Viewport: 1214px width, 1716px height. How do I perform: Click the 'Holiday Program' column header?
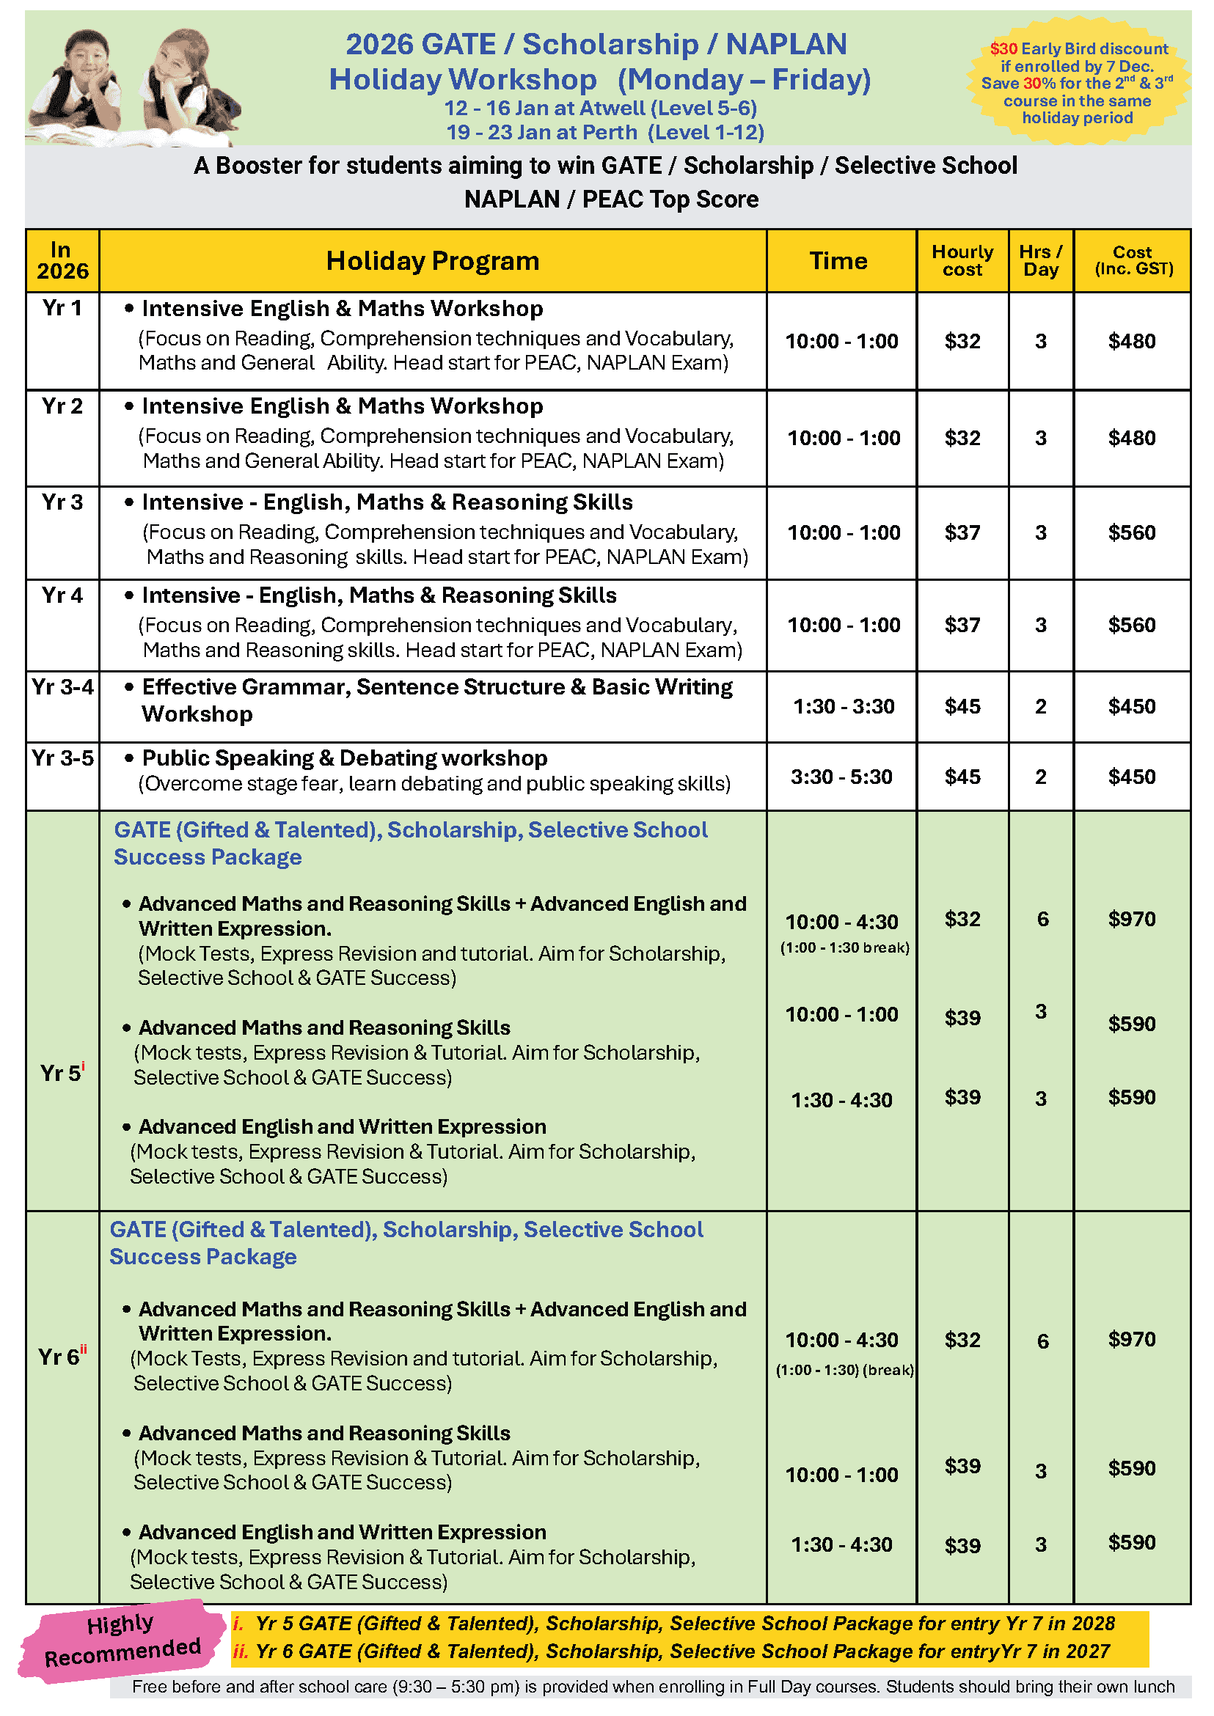pyautogui.click(x=432, y=261)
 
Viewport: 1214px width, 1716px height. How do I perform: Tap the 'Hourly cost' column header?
pyautogui.click(x=962, y=261)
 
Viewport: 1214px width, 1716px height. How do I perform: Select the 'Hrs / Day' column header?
pyautogui.click(x=1041, y=261)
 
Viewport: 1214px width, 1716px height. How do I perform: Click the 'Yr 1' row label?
pyautogui.click(x=62, y=308)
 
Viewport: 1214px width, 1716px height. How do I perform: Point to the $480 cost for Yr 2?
pyautogui.click(x=1132, y=438)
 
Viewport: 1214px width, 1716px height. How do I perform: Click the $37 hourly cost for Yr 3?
pyautogui.click(x=962, y=532)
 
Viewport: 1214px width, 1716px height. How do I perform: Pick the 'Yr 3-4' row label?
pyautogui.click(x=63, y=687)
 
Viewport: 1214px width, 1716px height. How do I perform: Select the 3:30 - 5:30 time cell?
pyautogui.click(x=841, y=777)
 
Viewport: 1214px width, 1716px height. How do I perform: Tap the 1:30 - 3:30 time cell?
pyautogui.click(x=844, y=706)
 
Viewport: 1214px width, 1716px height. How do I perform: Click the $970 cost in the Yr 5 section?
pyautogui.click(x=1132, y=919)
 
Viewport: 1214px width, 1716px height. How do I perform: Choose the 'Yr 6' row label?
pyautogui.click(x=62, y=1357)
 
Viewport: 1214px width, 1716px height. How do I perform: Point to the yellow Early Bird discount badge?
pyautogui.click(x=1078, y=82)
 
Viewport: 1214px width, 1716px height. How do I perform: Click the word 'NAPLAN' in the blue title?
pyautogui.click(x=786, y=45)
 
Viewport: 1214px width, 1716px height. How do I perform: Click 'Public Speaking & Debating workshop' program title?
pyautogui.click(x=345, y=758)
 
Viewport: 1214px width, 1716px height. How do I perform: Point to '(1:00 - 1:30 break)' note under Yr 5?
pyautogui.click(x=845, y=947)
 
